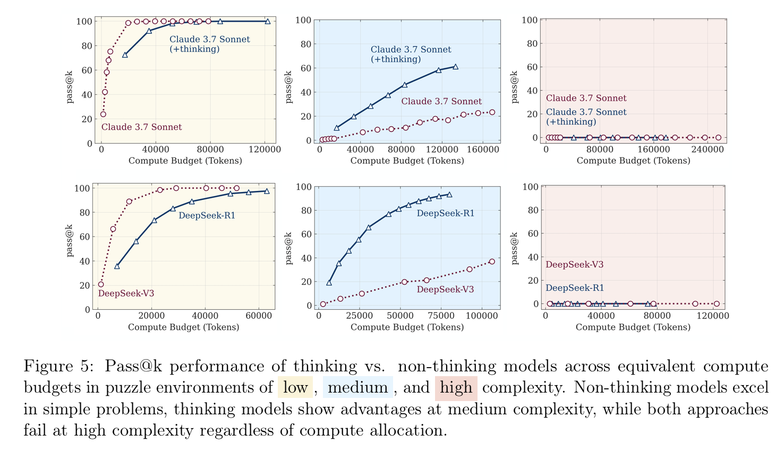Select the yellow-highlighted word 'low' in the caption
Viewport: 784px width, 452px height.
coord(295,388)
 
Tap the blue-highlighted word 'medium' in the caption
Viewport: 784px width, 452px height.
coord(357,388)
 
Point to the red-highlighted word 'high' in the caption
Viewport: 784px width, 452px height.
coord(456,388)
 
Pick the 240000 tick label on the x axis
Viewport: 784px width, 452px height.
coord(705,150)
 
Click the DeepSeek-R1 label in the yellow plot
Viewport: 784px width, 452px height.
coord(207,215)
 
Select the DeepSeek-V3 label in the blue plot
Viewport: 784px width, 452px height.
coord(445,290)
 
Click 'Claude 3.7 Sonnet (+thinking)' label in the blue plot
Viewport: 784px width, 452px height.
coord(411,54)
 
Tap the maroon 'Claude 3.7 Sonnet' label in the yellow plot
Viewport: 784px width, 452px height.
coord(141,127)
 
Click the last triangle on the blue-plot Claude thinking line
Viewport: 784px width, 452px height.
coord(455,67)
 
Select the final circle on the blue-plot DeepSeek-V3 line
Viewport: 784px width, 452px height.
coord(491,262)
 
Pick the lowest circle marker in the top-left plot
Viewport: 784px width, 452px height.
coord(103,114)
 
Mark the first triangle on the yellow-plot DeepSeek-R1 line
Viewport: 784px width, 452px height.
coord(117,266)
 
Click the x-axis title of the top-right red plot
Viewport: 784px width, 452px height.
coord(633,161)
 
